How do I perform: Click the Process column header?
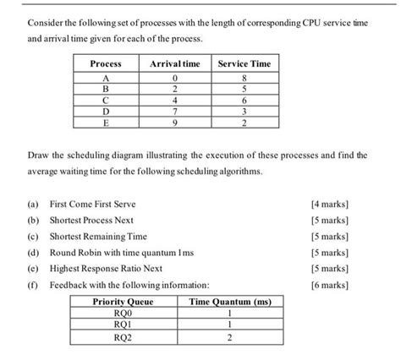pyautogui.click(x=105, y=63)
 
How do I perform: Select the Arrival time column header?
pyautogui.click(x=174, y=63)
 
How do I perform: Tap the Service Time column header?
pyautogui.click(x=244, y=63)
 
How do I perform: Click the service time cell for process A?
pyautogui.click(x=244, y=78)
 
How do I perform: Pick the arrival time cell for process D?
pyautogui.click(x=174, y=111)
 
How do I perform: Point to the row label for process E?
pyautogui.click(x=105, y=122)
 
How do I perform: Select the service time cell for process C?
pyautogui.click(x=244, y=100)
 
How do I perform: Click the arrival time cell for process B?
pyautogui.click(x=174, y=89)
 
